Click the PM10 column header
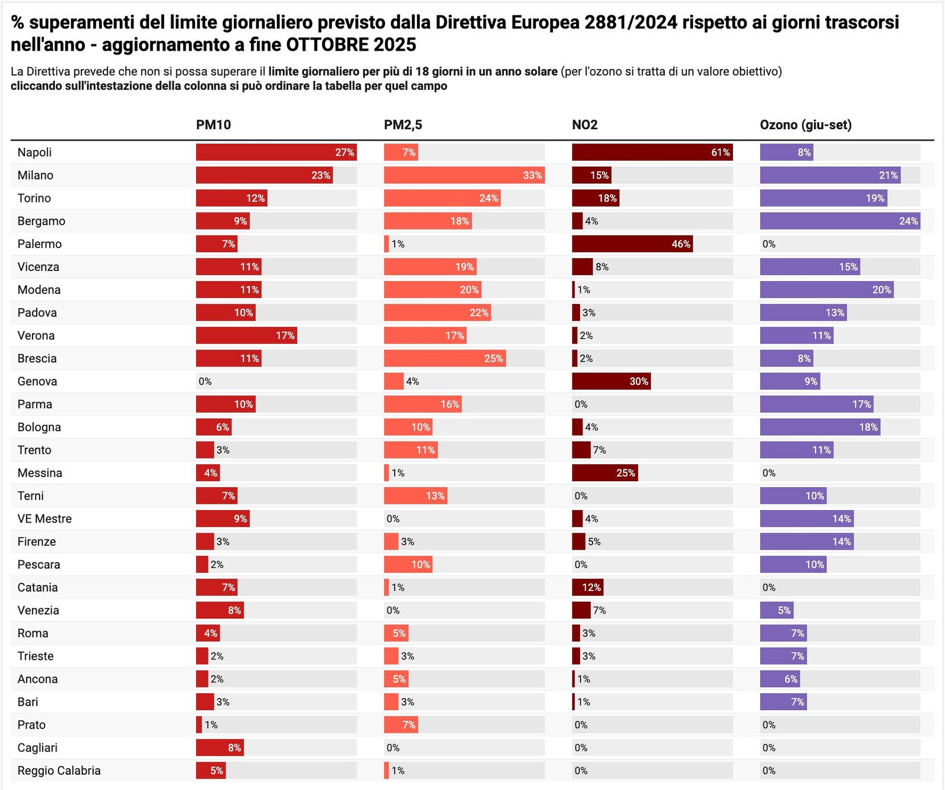tap(213, 125)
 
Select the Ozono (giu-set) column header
tap(806, 125)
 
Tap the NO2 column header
tap(585, 125)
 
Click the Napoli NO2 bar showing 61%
tap(652, 152)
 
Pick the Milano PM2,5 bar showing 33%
tap(464, 175)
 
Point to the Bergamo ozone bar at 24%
tap(839, 221)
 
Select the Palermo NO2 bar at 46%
tap(632, 244)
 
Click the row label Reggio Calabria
tap(59, 771)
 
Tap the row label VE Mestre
tap(44, 519)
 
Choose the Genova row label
tap(37, 381)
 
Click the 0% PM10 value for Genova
tap(205, 381)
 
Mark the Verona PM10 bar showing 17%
tap(246, 336)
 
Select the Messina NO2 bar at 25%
tap(605, 473)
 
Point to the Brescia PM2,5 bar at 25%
tap(444, 358)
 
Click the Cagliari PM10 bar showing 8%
tap(220, 748)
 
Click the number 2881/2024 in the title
tap(630, 22)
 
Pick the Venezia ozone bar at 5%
tap(776, 611)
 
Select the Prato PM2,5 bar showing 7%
tap(400, 725)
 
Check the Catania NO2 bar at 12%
tap(588, 587)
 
